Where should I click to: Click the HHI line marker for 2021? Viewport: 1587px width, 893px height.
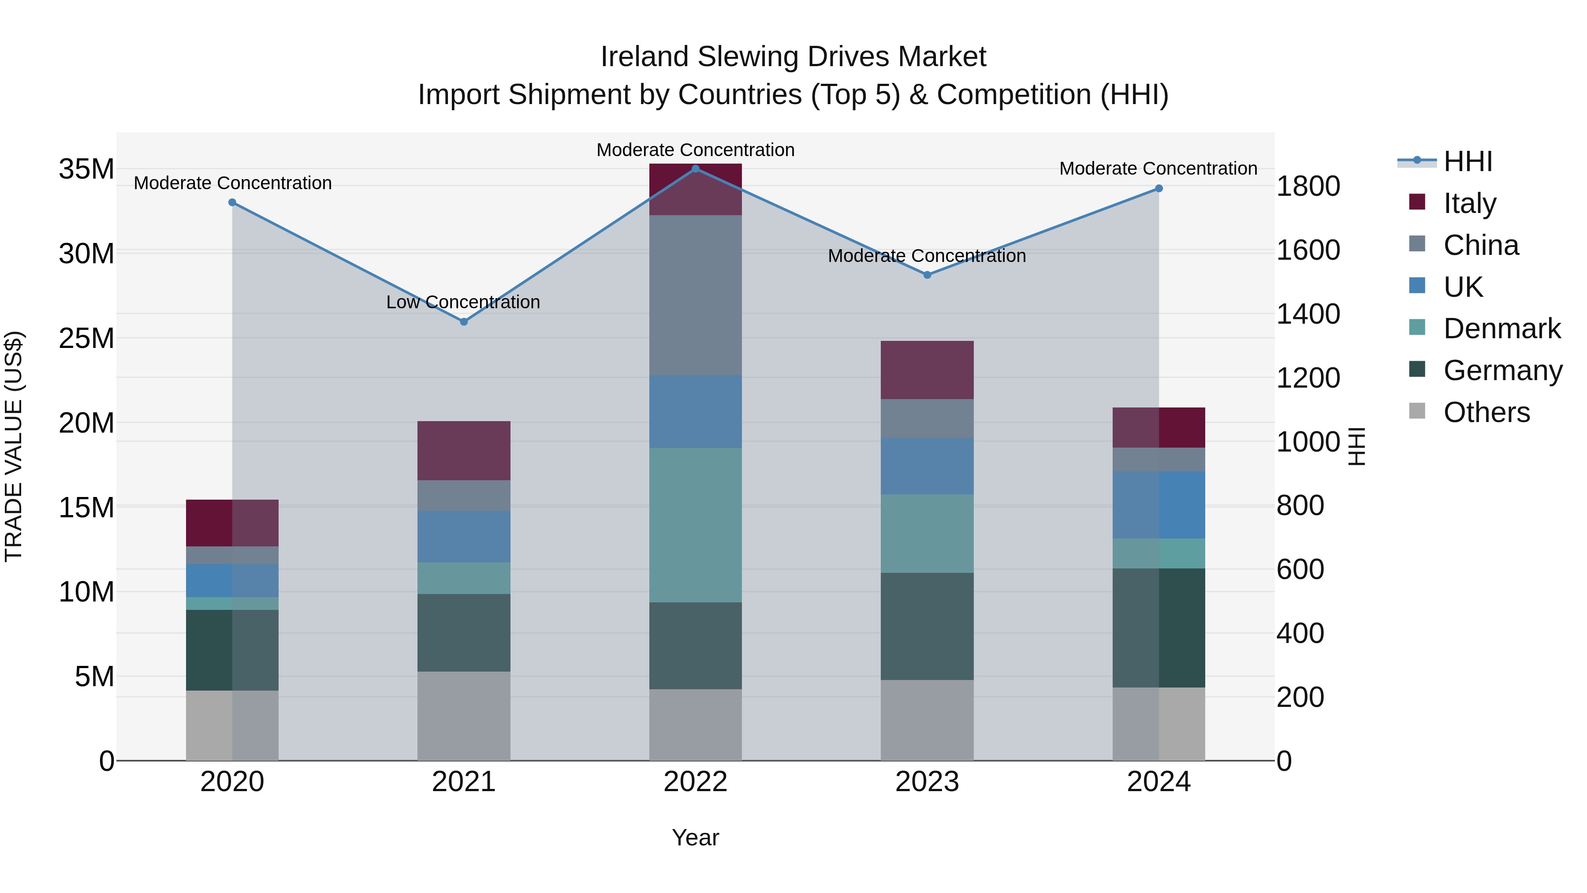464,322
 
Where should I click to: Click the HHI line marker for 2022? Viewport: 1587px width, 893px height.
696,169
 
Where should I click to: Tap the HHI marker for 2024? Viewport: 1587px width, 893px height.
1159,189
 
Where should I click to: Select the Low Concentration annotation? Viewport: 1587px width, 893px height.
463,302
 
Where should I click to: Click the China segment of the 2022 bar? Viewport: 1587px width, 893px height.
696,296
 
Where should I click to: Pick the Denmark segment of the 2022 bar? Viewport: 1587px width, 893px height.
696,525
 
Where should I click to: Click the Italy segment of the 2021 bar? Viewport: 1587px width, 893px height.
464,451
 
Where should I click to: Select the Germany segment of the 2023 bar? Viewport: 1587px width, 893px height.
927,626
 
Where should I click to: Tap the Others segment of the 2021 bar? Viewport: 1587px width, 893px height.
464,716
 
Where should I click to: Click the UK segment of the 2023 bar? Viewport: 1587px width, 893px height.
927,466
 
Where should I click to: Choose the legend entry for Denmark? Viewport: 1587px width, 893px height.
1502,329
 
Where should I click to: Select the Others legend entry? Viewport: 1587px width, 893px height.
1486,412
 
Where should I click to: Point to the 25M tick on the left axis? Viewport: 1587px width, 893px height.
86,338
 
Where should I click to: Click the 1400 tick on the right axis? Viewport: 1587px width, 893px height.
1308,314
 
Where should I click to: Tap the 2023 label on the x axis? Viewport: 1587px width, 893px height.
927,782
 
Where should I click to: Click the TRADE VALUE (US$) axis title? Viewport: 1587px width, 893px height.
14,446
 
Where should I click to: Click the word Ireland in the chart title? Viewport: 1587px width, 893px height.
644,57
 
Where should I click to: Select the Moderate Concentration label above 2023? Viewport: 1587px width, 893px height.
927,256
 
